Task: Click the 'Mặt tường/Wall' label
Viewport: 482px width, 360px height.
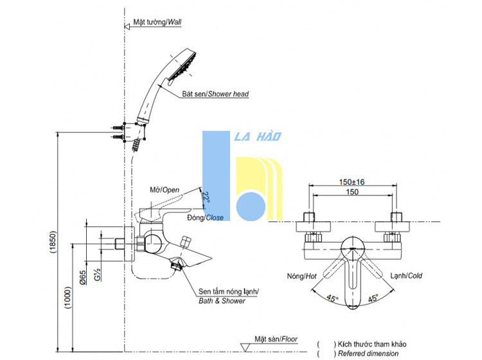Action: point(157,22)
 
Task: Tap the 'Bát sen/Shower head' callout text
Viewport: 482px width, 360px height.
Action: point(215,94)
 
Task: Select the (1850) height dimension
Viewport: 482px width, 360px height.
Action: point(53,242)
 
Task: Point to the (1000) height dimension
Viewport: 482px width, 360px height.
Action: point(68,297)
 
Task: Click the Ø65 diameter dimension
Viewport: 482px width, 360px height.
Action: point(83,277)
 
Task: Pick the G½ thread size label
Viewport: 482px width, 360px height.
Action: point(98,274)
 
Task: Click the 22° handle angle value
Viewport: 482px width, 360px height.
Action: point(206,197)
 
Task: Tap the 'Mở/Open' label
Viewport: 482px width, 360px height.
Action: point(165,190)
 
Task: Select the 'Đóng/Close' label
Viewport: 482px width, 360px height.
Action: point(206,218)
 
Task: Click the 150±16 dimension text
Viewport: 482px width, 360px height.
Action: point(352,182)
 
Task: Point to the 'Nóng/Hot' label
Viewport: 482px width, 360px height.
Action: point(301,276)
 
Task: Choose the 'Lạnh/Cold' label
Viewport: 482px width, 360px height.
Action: point(406,276)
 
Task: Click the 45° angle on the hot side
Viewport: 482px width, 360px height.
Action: point(332,298)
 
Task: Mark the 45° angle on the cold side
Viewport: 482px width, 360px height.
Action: point(373,298)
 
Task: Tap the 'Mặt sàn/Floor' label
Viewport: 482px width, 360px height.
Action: point(276,339)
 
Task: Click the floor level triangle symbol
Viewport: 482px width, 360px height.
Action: point(245,347)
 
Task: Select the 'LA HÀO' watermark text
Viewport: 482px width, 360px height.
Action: point(258,136)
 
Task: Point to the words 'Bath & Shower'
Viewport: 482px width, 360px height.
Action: point(222,301)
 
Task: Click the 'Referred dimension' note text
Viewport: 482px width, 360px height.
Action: point(368,354)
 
